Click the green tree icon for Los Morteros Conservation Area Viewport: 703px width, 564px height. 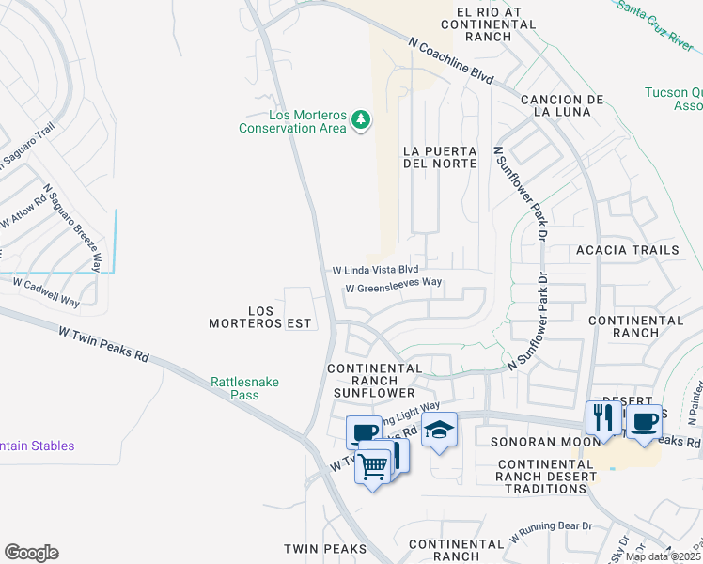click(360, 119)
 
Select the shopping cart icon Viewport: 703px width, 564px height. click(373, 464)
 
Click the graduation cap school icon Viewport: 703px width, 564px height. click(439, 430)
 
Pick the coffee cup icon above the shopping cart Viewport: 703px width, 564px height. click(364, 432)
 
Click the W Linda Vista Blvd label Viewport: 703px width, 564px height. click(375, 270)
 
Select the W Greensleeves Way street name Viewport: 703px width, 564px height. click(393, 289)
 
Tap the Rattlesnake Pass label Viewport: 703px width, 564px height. click(235, 388)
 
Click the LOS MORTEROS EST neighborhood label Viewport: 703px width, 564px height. click(266, 317)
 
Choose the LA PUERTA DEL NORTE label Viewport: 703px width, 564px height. click(439, 157)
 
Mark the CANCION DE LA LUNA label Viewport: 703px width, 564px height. click(561, 105)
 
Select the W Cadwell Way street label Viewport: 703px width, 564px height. click(45, 290)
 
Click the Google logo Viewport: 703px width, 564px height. click(31, 553)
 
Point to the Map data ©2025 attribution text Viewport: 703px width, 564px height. click(663, 556)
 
